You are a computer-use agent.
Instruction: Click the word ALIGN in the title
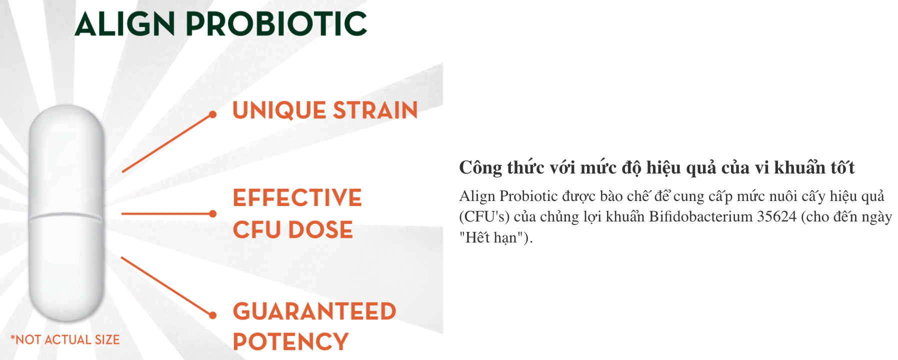[x=125, y=23]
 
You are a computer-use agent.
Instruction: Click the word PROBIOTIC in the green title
[x=276, y=23]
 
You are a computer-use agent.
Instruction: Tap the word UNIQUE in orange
[x=279, y=110]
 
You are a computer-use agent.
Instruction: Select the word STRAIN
[x=375, y=110]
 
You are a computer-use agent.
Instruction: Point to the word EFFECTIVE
[x=297, y=197]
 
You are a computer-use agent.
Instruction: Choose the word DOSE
[x=320, y=229]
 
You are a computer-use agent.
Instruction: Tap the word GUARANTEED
[x=314, y=311]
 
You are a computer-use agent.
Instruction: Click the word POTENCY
[x=290, y=342]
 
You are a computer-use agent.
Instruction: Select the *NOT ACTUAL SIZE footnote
[x=65, y=339]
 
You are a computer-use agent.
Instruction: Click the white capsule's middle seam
[x=66, y=216]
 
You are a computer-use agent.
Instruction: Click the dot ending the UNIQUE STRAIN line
[x=212, y=114]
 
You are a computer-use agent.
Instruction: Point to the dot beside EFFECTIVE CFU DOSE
[x=212, y=213]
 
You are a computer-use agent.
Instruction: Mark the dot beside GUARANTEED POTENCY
[x=212, y=315]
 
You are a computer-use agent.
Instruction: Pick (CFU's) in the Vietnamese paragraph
[x=484, y=217]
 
